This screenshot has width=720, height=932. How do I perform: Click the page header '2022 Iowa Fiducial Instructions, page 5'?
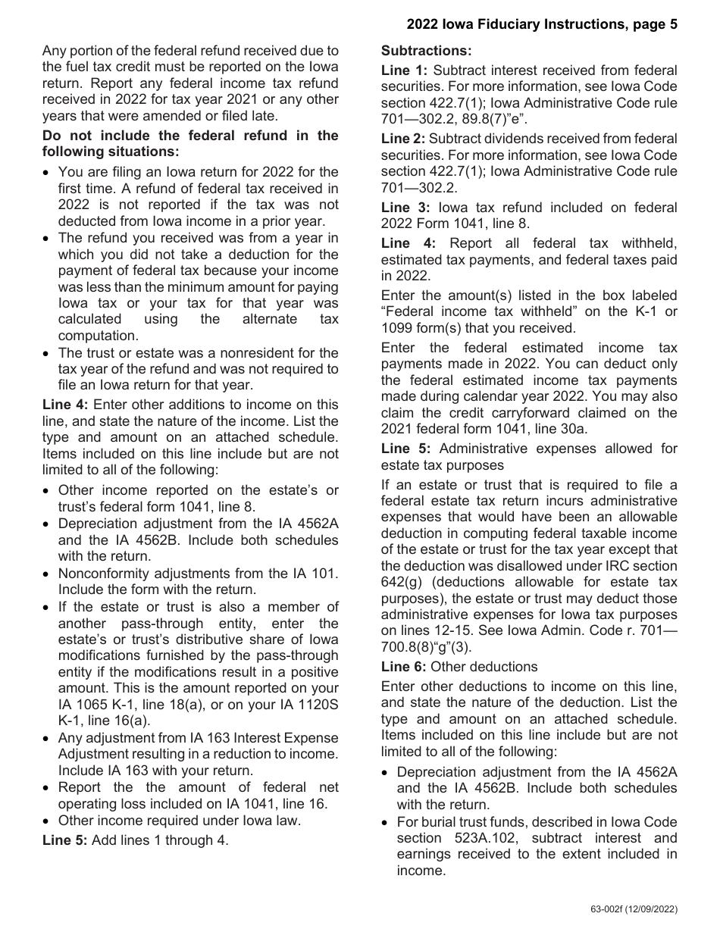(x=542, y=24)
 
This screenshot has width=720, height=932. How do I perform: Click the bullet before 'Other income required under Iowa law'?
(x=48, y=821)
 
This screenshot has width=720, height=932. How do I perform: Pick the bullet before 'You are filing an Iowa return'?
(x=48, y=172)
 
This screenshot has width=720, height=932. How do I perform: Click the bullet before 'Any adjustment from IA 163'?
(x=48, y=738)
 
